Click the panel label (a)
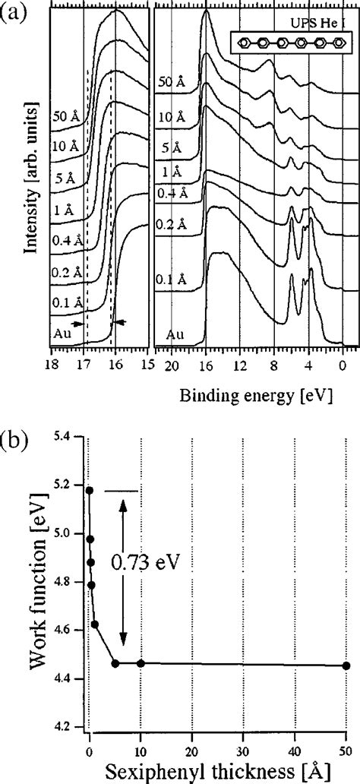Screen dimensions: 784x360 click(x=14, y=13)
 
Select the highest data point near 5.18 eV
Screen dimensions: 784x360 click(x=90, y=490)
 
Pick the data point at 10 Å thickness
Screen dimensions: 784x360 click(x=141, y=663)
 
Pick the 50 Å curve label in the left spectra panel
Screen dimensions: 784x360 click(x=65, y=116)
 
